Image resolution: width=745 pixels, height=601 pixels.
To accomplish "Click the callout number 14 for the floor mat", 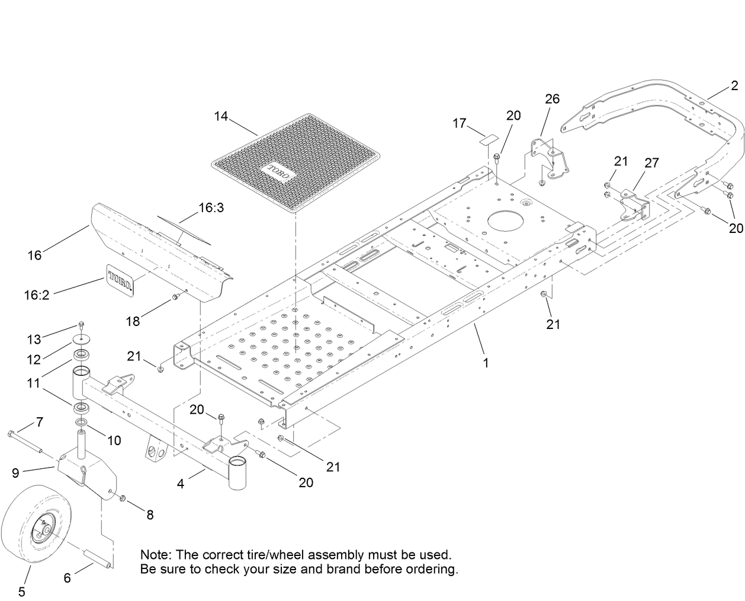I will [221, 116].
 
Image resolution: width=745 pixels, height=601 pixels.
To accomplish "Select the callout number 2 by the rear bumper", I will [734, 86].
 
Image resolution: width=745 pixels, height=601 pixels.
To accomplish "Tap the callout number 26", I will [552, 98].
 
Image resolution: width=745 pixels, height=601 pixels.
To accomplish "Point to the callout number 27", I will [651, 163].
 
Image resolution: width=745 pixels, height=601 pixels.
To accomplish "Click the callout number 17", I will [460, 123].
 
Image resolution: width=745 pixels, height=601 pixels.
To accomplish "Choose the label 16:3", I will [211, 208].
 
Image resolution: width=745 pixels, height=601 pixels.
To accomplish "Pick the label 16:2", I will [37, 294].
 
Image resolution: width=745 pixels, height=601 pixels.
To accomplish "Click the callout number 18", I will [133, 321].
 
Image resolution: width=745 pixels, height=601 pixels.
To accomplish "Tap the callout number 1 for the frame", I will [486, 363].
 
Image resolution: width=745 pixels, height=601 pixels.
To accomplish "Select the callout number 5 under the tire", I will [22, 590].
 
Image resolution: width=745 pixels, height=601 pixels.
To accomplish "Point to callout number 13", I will [34, 339].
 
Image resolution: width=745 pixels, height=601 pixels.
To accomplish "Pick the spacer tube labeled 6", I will [98, 559].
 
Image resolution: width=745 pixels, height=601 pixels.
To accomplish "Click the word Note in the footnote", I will [155, 555].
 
